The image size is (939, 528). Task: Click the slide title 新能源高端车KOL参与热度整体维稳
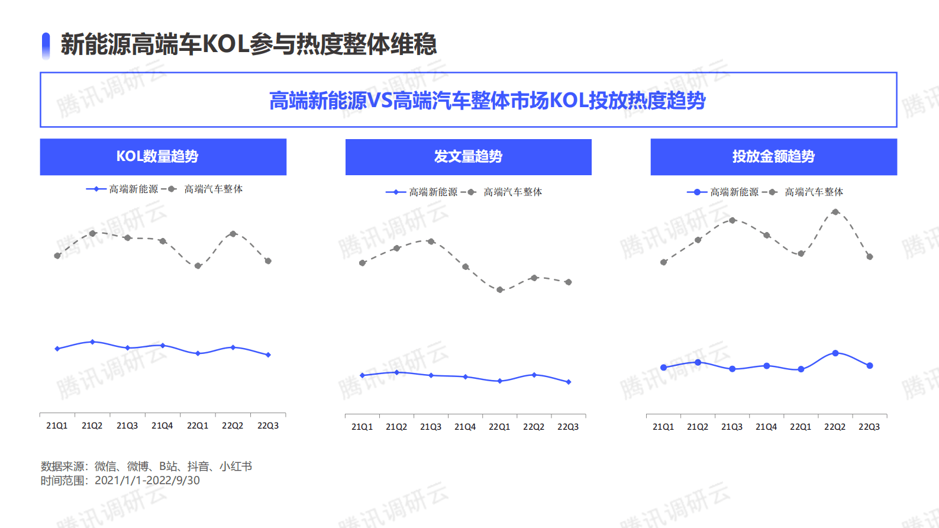coord(249,44)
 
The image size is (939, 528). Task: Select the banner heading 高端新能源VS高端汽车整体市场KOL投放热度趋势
coord(487,101)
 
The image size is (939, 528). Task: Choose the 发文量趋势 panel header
coord(468,157)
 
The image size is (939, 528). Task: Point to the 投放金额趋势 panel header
coord(773,157)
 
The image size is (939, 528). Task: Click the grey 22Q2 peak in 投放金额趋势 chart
coord(835,212)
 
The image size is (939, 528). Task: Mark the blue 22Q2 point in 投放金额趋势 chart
coord(835,353)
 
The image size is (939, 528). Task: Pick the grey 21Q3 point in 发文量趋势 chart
coord(431,242)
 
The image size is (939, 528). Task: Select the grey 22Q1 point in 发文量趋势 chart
coord(499,290)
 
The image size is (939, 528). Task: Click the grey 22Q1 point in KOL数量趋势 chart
coord(198,266)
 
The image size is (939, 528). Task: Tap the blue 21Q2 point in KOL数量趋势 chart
coord(92,342)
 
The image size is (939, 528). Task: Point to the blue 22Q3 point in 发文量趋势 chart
coord(568,382)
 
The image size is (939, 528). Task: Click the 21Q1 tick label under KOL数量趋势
coord(57,426)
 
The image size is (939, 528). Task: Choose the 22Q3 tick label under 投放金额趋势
coord(869,427)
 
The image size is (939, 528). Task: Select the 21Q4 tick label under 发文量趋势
coord(465,427)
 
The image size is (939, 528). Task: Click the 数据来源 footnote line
coord(146,466)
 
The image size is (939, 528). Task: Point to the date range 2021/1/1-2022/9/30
coord(147,481)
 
